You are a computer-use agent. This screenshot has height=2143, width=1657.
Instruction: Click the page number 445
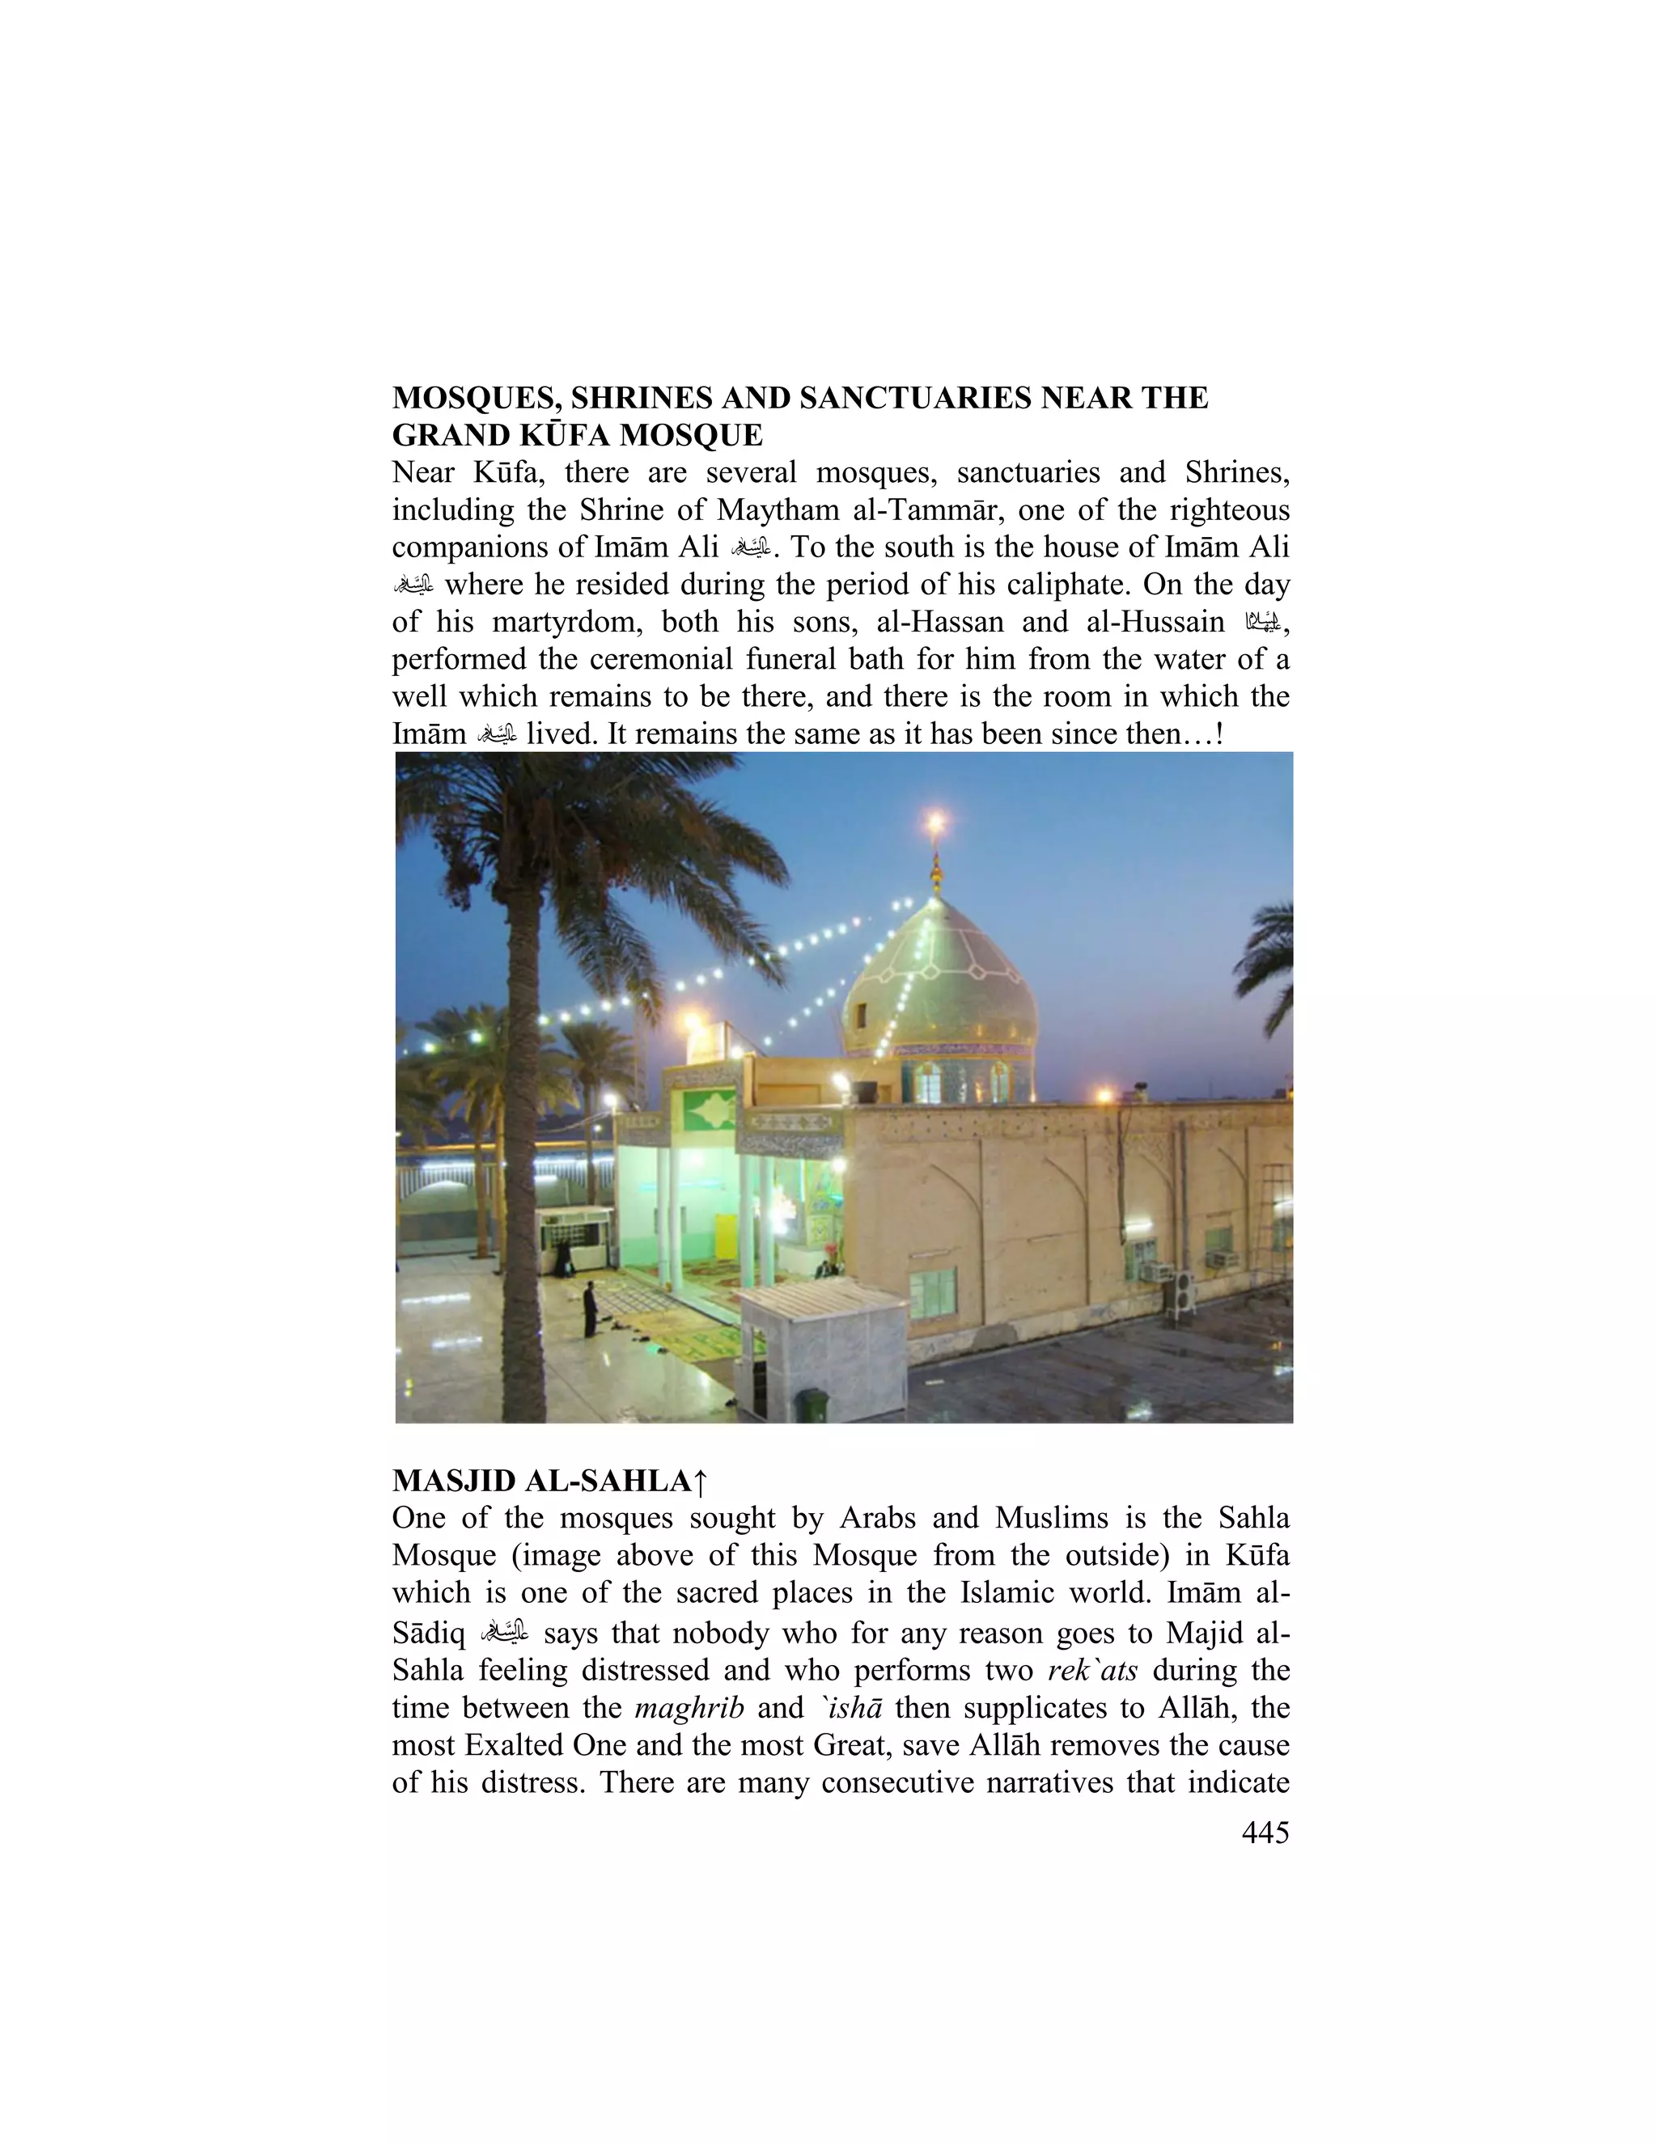coord(1265,1833)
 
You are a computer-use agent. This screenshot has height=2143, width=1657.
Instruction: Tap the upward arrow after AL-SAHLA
coord(700,1482)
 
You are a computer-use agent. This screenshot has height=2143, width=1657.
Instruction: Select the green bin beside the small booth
coord(811,1405)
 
